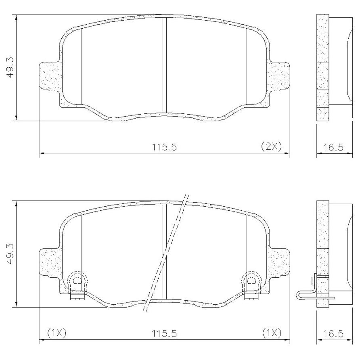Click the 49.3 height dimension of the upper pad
[x=11, y=67]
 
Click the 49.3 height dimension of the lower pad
[x=11, y=254]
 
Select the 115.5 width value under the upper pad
[x=164, y=147]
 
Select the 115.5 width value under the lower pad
[x=164, y=334]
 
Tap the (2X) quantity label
[x=271, y=146]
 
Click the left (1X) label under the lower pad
[x=57, y=333]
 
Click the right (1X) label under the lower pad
[x=272, y=333]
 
